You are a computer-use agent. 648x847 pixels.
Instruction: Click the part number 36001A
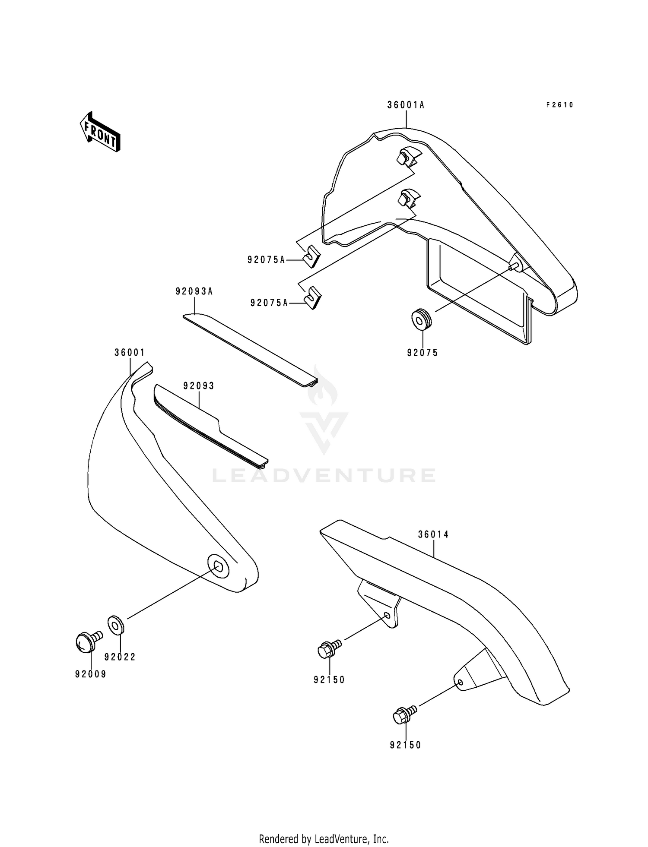pyautogui.click(x=406, y=105)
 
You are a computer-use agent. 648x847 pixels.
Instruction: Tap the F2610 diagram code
pyautogui.click(x=559, y=105)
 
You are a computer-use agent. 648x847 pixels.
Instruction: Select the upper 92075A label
pyautogui.click(x=266, y=260)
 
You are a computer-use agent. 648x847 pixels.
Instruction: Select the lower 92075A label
pyautogui.click(x=269, y=303)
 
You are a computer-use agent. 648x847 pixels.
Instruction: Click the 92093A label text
pyautogui.click(x=194, y=291)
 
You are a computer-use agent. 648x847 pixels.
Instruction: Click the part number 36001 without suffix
pyautogui.click(x=130, y=352)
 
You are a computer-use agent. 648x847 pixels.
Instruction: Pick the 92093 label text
pyautogui.click(x=199, y=386)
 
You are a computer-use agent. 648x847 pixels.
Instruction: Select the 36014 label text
pyautogui.click(x=433, y=534)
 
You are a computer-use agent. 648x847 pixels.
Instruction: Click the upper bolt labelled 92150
pyautogui.click(x=327, y=649)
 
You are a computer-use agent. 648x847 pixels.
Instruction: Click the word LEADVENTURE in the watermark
pyautogui.click(x=324, y=475)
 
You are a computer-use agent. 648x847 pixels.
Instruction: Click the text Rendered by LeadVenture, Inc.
pyautogui.click(x=324, y=839)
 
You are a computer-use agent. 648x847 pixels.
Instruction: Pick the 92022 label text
pyautogui.click(x=120, y=657)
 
